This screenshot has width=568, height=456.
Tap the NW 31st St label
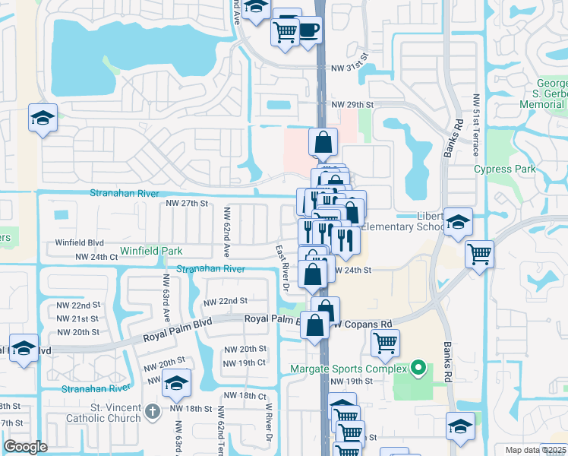pyautogui.click(x=349, y=68)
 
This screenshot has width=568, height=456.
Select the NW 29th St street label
pyautogui.click(x=353, y=103)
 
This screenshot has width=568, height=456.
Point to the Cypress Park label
pyautogui.click(x=503, y=169)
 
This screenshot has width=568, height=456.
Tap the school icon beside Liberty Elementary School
pyautogui.click(x=458, y=222)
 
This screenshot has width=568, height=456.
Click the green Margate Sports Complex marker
pyautogui.click(x=416, y=369)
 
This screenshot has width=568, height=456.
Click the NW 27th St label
pyautogui.click(x=187, y=204)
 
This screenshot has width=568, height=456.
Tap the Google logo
pyautogui.click(x=25, y=447)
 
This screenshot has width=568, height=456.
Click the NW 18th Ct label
pyautogui.click(x=241, y=396)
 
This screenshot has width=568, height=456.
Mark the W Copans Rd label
pyautogui.click(x=364, y=324)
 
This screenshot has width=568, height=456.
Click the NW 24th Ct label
pyautogui.click(x=96, y=258)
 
